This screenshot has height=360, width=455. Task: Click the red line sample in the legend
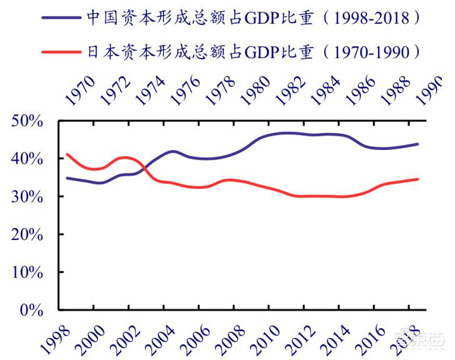61,53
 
